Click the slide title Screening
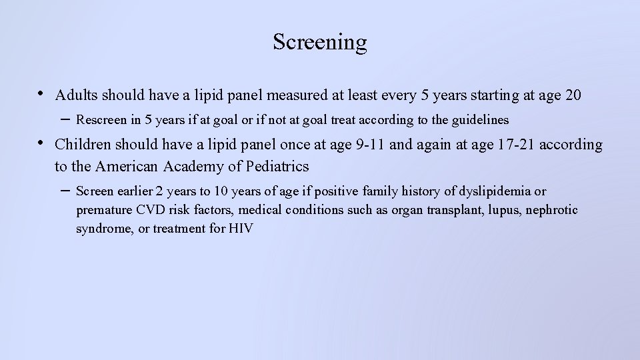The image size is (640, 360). pyautogui.click(x=319, y=42)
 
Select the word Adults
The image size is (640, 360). pyautogui.click(x=76, y=95)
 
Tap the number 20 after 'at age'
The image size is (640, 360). pyautogui.click(x=573, y=95)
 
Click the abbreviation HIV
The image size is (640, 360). pyautogui.click(x=241, y=229)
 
